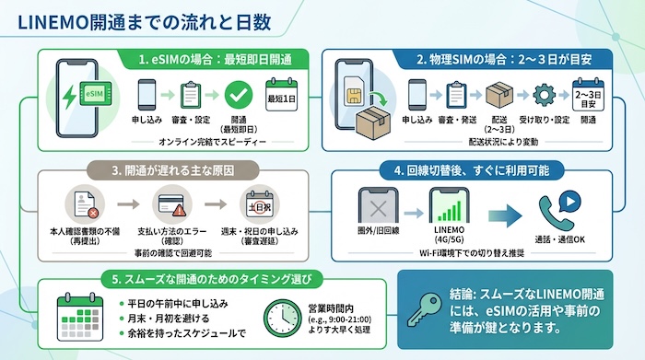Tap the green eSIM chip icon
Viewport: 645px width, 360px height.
tap(93, 93)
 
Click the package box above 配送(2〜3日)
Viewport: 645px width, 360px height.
tap(498, 96)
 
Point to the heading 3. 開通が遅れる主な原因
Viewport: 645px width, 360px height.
tap(167, 170)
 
